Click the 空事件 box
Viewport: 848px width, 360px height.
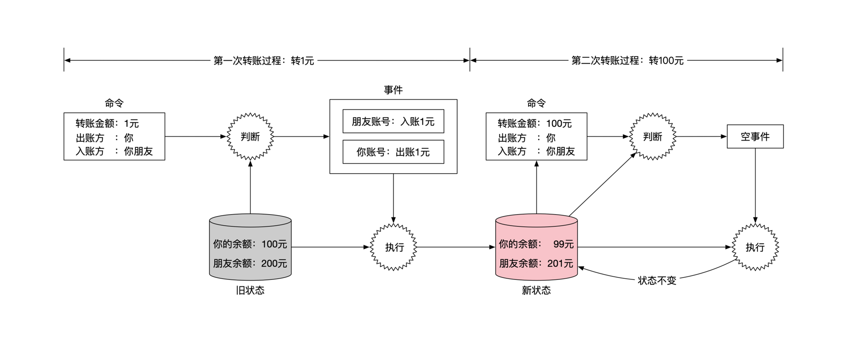click(x=755, y=137)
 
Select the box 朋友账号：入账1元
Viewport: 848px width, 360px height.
click(x=393, y=121)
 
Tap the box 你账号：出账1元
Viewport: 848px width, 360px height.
click(x=393, y=152)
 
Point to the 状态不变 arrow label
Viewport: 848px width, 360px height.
click(x=657, y=281)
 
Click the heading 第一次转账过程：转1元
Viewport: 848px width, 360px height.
click(x=264, y=60)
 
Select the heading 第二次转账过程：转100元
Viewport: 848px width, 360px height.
click(x=627, y=60)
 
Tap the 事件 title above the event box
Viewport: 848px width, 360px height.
click(x=393, y=90)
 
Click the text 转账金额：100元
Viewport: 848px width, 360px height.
click(x=535, y=124)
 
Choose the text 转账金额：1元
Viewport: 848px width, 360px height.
click(x=107, y=124)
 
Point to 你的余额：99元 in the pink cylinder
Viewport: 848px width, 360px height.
click(x=536, y=244)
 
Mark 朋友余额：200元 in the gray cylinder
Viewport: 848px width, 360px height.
click(x=250, y=264)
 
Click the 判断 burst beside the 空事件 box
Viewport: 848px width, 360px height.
click(x=652, y=137)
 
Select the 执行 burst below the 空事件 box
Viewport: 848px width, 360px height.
click(x=755, y=247)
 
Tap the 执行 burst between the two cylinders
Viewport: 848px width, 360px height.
click(x=394, y=247)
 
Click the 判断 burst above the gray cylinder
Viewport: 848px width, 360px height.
click(x=250, y=137)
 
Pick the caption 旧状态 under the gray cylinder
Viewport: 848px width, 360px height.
click(x=250, y=290)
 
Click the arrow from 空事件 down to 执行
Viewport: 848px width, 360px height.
click(x=755, y=186)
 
